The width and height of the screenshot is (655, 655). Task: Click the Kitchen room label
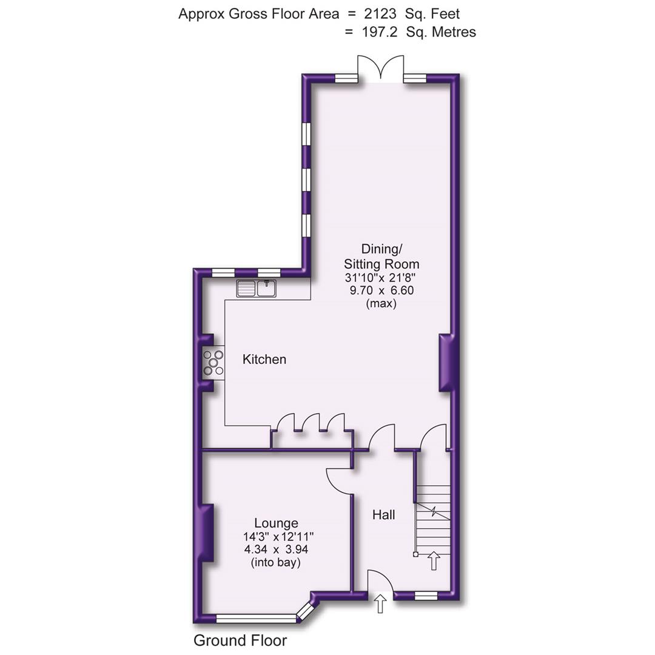coord(264,359)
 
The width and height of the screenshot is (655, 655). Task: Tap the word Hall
coord(383,515)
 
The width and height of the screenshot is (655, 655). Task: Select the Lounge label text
coord(276,523)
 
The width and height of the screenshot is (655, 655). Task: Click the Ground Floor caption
coord(240,640)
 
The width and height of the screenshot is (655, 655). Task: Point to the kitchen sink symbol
coord(256,289)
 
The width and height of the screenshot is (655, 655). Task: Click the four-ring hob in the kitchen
coord(213,363)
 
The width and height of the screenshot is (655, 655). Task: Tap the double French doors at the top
coord(380,68)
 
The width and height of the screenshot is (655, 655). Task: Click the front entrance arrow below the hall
coord(380,604)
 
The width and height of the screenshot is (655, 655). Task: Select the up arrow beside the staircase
coord(434,560)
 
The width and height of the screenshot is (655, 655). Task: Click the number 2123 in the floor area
coord(378,13)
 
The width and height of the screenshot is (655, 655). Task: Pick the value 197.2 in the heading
coord(380,32)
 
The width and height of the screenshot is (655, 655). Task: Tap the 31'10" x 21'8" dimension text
coord(381,277)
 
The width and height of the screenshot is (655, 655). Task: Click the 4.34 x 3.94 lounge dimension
coord(276,549)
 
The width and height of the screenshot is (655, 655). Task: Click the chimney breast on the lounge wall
coord(207,532)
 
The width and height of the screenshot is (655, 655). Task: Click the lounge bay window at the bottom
coord(257,619)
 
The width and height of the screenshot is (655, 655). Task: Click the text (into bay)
coord(276,563)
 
